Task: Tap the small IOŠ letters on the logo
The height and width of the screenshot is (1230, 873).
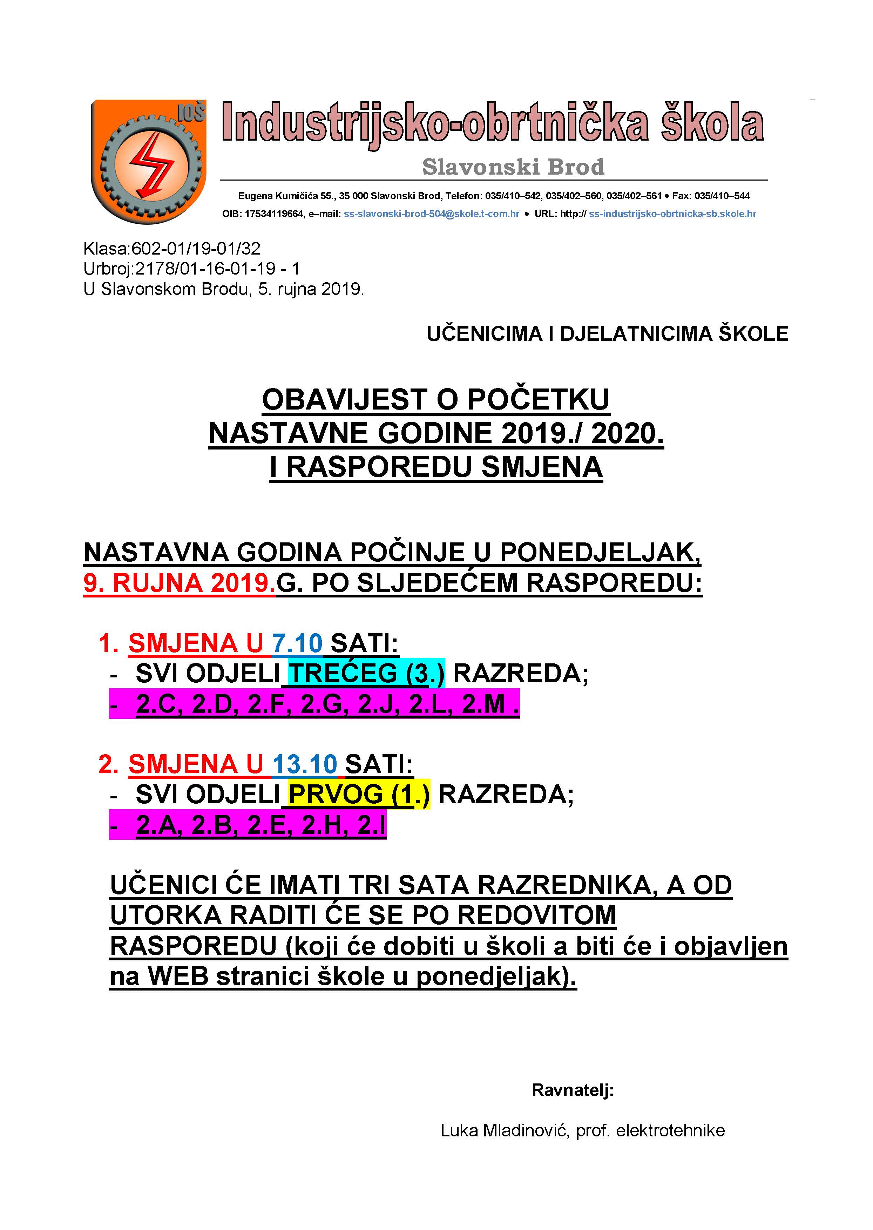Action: [x=191, y=112]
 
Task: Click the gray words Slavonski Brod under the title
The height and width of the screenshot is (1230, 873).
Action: [x=513, y=167]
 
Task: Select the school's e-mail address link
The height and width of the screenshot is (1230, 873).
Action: [x=431, y=214]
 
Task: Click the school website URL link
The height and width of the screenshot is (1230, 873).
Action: [x=672, y=214]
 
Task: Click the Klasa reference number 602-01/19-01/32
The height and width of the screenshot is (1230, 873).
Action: [x=196, y=248]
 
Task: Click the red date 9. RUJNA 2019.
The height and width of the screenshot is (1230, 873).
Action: [x=179, y=583]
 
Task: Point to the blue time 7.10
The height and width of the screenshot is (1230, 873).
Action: [x=297, y=643]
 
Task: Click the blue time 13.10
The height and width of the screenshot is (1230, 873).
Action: [x=304, y=764]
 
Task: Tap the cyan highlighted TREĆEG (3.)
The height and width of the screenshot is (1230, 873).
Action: [x=366, y=673]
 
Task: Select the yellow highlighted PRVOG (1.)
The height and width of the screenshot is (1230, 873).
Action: [x=359, y=794]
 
